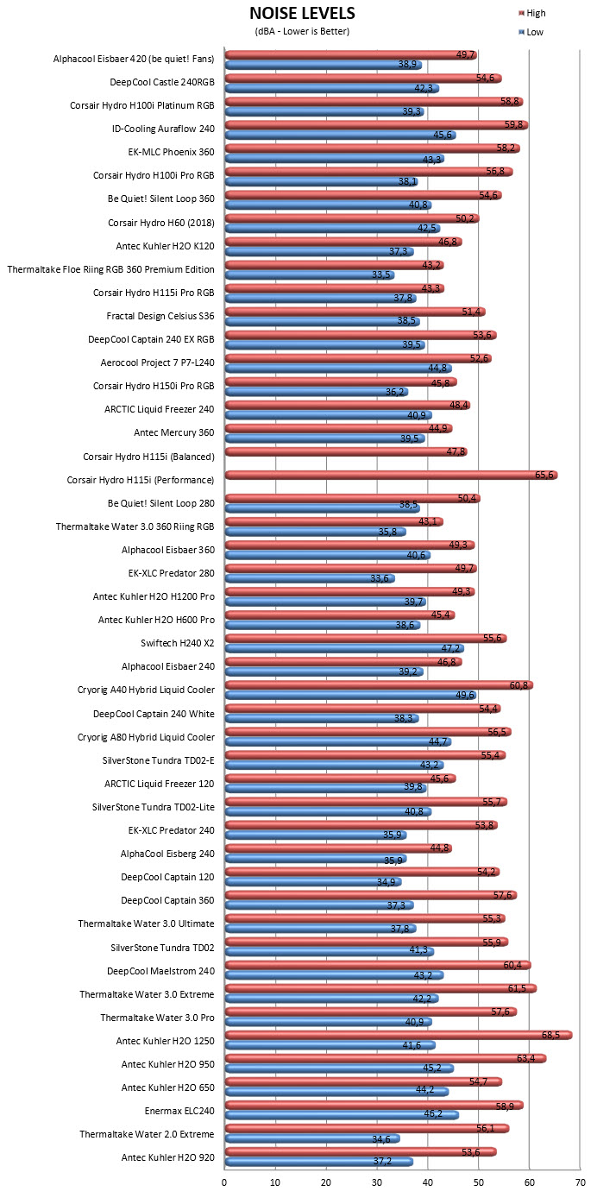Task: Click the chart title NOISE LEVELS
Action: pos(302,13)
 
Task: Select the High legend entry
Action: pos(532,13)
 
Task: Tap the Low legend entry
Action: pos(531,32)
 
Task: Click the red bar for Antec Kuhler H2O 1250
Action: pos(399,1035)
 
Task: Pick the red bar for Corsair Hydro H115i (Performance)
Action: pos(391,475)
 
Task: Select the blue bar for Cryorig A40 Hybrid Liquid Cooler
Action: pos(350,695)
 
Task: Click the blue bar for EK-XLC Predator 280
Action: pos(310,578)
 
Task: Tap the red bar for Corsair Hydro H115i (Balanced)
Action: pos(346,451)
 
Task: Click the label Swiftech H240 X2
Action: pos(178,643)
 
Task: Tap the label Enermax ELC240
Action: pos(179,1111)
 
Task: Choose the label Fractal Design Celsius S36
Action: pos(160,316)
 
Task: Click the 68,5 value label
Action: pos(550,1035)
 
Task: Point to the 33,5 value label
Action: pos(381,274)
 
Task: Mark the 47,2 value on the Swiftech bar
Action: pos(451,648)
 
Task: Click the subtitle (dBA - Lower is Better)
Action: pos(302,31)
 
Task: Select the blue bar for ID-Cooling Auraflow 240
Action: pos(340,135)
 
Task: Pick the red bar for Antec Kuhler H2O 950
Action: pos(386,1058)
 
